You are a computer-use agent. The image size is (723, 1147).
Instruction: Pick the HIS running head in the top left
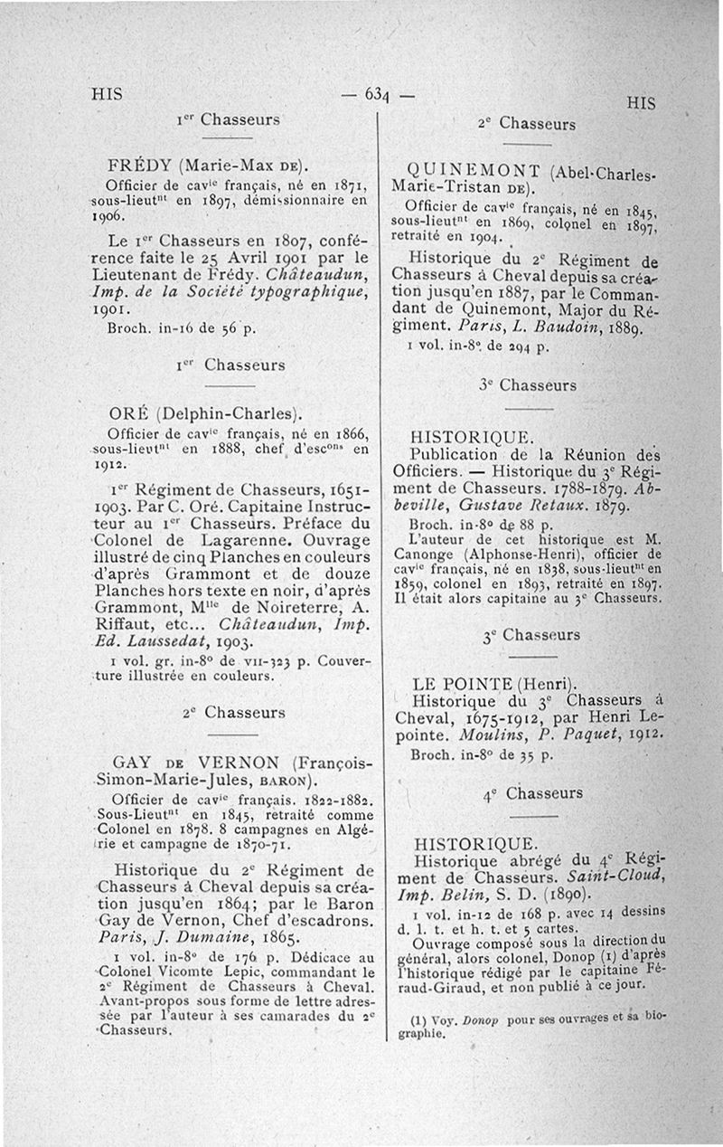pyautogui.click(x=107, y=94)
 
